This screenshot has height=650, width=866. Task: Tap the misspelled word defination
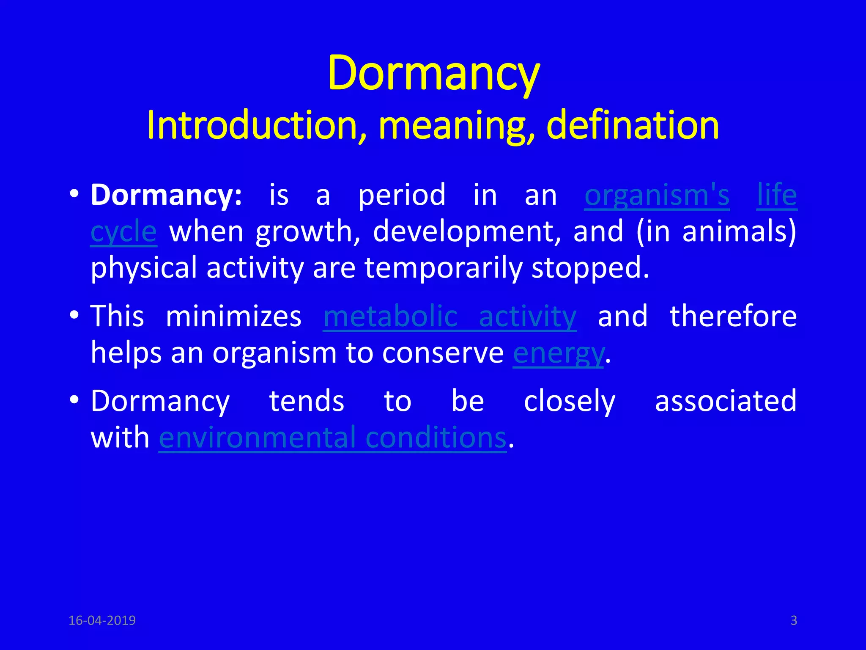pos(633,126)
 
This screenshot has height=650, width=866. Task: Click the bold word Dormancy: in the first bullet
pos(166,196)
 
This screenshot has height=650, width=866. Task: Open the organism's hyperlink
pos(657,196)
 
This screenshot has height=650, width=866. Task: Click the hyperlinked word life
pos(777,196)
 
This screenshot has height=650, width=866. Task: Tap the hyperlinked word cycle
pos(123,232)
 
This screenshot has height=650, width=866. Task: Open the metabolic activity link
pos(449,317)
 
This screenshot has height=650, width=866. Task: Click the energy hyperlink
pos(558,353)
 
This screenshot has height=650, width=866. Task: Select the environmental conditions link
pos(332,438)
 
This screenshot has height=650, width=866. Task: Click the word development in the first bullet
pos(467,232)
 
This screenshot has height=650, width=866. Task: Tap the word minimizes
pos(233,317)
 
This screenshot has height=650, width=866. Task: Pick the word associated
pos(726,401)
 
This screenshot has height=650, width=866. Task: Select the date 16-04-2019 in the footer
pos(102,620)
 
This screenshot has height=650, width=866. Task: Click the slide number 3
pos(794,620)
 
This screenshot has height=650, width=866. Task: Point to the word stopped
pos(590,268)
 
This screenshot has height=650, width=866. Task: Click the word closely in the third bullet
pos(569,401)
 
